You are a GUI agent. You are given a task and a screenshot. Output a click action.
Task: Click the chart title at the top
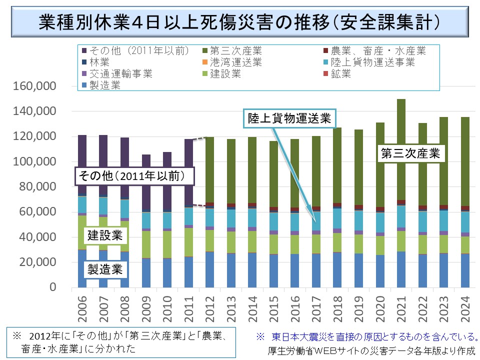coord(239,22)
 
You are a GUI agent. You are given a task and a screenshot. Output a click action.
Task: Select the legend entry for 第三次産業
coord(235,50)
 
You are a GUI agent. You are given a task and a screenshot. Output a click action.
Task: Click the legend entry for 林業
coord(99,62)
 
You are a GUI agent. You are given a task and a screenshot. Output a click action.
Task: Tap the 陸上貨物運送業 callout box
coord(290,118)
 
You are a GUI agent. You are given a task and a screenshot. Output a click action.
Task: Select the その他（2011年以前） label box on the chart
coord(134,176)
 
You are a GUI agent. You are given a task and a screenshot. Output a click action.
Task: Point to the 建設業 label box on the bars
coord(105,235)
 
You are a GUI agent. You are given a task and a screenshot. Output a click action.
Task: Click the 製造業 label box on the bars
coord(105,270)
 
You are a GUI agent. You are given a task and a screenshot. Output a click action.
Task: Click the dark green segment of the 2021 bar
coord(401,150)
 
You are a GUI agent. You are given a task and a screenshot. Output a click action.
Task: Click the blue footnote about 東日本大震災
coord(367,336)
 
